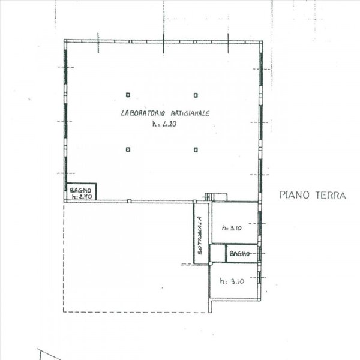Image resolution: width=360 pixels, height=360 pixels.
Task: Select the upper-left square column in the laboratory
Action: [128, 94]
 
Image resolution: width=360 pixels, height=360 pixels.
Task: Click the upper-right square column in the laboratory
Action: [196, 94]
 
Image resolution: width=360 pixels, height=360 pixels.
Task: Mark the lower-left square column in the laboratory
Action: [128, 148]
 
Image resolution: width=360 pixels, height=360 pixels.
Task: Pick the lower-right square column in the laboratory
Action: [196, 148]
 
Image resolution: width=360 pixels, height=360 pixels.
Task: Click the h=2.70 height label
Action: [80, 196]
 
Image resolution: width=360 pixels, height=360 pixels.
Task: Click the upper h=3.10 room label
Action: [231, 228]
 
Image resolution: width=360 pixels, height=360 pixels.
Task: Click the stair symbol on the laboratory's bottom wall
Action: [209, 196]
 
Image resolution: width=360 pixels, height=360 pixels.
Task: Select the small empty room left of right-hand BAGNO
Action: [217, 253]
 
